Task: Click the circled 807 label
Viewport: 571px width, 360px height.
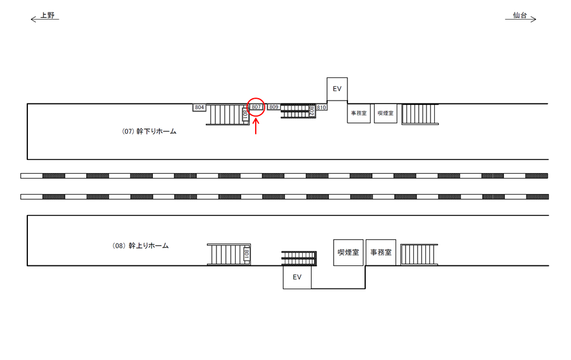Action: click(x=256, y=107)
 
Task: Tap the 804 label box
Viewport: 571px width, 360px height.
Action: click(x=200, y=107)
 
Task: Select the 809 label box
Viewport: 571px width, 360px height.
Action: click(x=274, y=107)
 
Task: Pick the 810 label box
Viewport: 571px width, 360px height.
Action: click(x=321, y=107)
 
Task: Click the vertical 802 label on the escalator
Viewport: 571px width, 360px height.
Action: click(x=312, y=111)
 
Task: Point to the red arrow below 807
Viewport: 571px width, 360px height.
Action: click(x=256, y=126)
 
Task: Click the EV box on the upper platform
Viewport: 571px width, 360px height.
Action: click(x=337, y=89)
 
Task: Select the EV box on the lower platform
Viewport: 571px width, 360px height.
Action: click(x=297, y=277)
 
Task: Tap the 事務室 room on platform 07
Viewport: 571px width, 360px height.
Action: click(x=359, y=112)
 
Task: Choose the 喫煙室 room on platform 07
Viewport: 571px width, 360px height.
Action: click(x=385, y=112)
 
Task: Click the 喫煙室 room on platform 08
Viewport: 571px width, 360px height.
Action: click(x=349, y=252)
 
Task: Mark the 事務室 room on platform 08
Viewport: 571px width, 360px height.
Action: click(x=381, y=252)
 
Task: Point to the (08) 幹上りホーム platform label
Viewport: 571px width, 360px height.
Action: click(x=140, y=245)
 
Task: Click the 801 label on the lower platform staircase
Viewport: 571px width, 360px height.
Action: click(x=246, y=254)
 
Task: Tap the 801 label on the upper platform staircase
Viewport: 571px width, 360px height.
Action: click(x=245, y=115)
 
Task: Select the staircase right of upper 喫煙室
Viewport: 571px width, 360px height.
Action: click(x=420, y=114)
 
